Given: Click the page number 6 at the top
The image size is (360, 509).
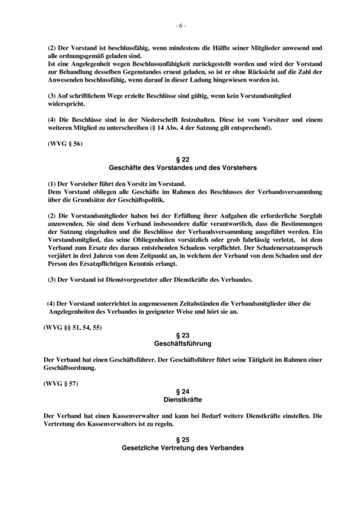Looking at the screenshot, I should pyautogui.click(x=180, y=26).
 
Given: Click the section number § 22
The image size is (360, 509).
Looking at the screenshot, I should pyautogui.click(x=180, y=160).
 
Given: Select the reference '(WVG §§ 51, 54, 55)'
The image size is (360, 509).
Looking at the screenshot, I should pyautogui.click(x=72, y=327).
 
